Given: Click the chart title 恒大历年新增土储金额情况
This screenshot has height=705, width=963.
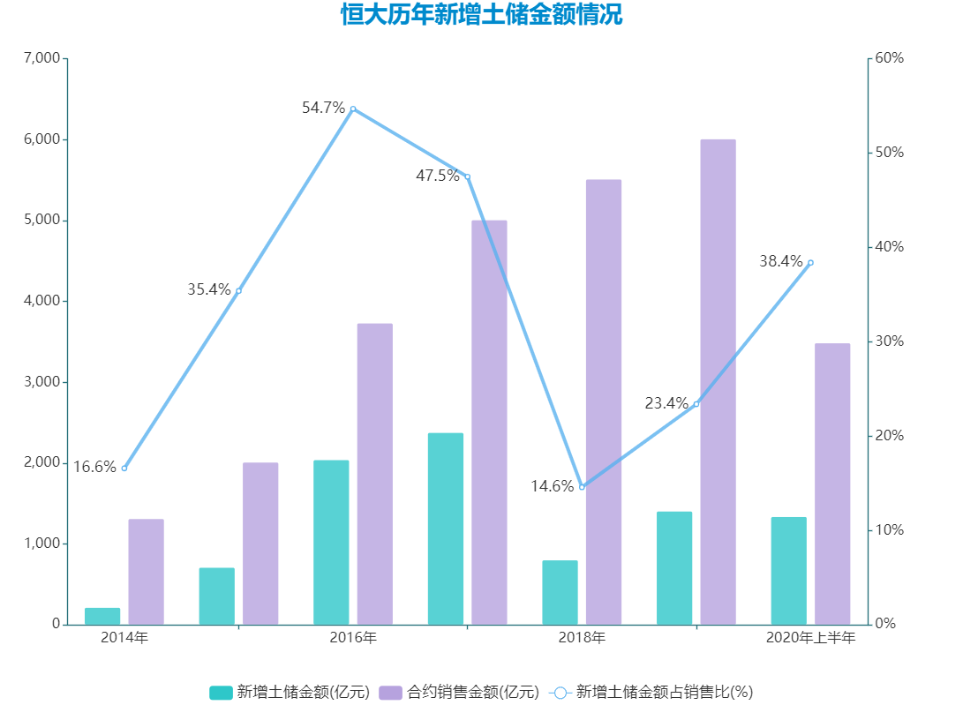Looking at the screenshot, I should (x=481, y=15).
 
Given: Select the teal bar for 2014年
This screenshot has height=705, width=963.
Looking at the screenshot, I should (x=102, y=616).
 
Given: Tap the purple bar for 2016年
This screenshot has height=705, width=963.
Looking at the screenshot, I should (x=375, y=474).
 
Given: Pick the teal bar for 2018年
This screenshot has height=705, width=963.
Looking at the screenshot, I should (x=560, y=592).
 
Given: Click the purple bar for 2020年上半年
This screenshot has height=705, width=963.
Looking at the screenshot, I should (x=832, y=484).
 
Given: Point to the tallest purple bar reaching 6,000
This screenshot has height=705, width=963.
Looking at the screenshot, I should (x=718, y=381).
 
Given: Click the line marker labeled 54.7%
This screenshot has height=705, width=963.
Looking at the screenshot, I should (x=353, y=109).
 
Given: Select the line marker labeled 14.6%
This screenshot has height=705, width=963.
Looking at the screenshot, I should (x=582, y=486).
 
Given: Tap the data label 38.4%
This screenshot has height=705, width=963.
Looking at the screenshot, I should (x=781, y=261).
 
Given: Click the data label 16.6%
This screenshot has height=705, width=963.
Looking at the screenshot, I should (x=94, y=467).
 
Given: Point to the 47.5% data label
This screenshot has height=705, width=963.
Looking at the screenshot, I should (x=438, y=176).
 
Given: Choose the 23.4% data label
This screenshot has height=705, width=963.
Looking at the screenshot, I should (x=666, y=403).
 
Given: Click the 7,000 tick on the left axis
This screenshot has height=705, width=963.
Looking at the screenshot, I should (x=41, y=58).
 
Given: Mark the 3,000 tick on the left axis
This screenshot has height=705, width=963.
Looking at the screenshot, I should (x=41, y=382).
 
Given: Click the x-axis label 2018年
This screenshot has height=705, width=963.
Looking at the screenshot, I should (x=582, y=638).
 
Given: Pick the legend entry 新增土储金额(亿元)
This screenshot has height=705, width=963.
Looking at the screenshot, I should (x=290, y=692).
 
